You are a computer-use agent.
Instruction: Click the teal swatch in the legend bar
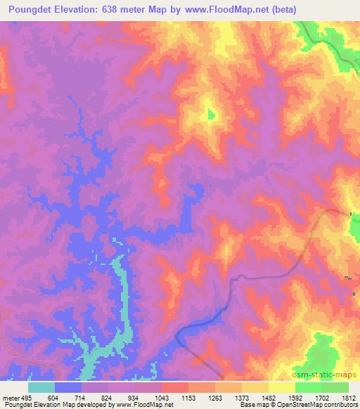tap(41, 387)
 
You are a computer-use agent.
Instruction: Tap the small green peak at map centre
tap(210, 115)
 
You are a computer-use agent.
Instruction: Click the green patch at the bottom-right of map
tap(323, 351)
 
